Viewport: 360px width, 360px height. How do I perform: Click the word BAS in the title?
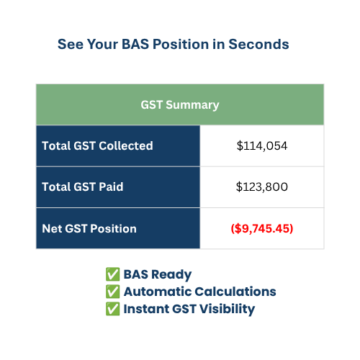(135, 45)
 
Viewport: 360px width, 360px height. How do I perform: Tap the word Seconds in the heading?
(258, 45)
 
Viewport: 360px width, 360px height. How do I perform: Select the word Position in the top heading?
(181, 45)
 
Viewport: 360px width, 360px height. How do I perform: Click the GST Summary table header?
(180, 105)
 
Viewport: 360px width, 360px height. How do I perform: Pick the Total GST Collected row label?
(97, 145)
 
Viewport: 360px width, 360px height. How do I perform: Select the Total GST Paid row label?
(83, 186)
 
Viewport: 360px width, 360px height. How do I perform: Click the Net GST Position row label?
(89, 228)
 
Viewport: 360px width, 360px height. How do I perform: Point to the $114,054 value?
(262, 146)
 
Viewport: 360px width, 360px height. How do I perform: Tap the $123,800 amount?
(262, 187)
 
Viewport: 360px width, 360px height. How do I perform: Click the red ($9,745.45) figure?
(262, 228)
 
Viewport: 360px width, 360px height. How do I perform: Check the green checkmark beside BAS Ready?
(112, 274)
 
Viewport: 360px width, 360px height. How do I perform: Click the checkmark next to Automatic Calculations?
(112, 292)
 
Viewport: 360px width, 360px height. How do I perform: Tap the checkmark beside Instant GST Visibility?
(112, 309)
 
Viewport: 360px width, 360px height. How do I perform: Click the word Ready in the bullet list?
(171, 275)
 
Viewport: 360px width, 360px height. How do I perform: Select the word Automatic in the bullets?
(157, 292)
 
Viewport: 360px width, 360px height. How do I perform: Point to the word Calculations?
(235, 292)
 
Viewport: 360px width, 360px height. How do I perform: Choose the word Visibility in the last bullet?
(227, 310)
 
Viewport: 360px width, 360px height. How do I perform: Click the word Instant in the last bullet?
(146, 309)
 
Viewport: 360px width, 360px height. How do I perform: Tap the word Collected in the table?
(126, 145)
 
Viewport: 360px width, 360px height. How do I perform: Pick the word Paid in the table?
(111, 186)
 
